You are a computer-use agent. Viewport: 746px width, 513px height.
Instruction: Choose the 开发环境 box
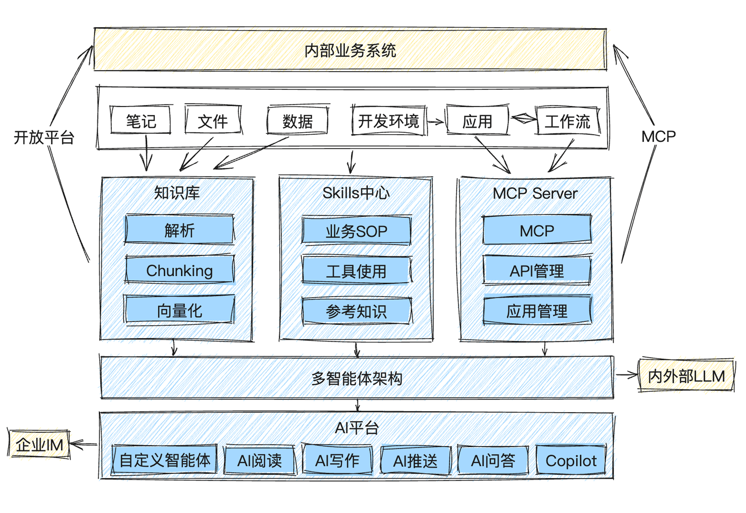click(388, 121)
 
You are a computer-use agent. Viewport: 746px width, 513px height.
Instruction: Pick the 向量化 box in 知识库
click(179, 310)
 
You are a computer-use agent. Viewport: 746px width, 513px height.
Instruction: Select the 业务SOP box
click(356, 231)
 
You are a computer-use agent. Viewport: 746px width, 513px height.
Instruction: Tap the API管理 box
click(537, 270)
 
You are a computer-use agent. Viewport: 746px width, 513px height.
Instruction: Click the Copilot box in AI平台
click(571, 460)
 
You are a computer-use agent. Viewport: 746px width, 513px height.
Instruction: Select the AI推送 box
click(415, 460)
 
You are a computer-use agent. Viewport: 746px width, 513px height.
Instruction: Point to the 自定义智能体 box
click(165, 460)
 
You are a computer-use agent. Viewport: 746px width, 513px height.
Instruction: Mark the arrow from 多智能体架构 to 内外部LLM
click(626, 375)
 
